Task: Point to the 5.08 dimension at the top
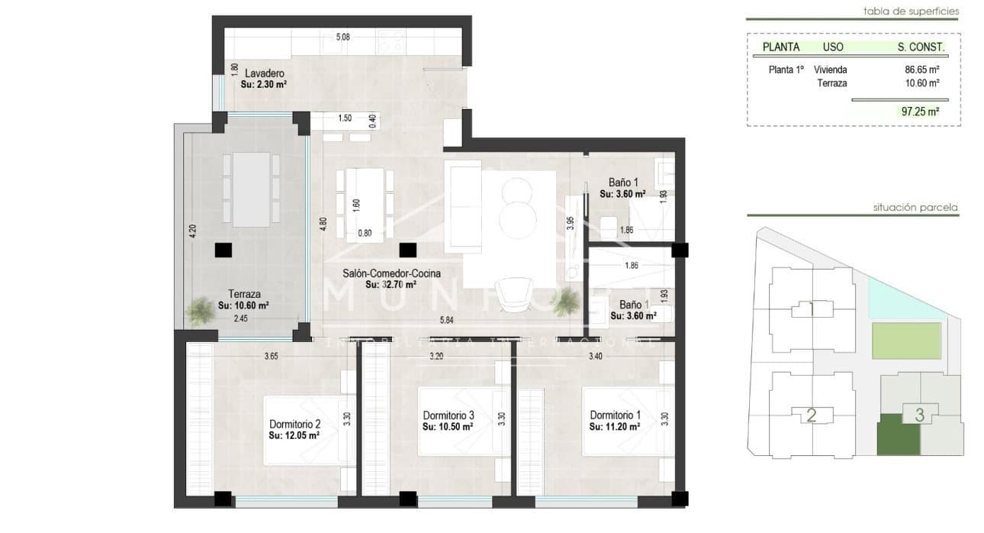click(x=343, y=37)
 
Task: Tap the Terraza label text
click(x=245, y=294)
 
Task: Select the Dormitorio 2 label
click(x=294, y=425)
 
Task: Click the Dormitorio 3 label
click(x=449, y=415)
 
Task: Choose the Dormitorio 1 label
click(x=615, y=415)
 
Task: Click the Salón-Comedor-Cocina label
click(x=391, y=273)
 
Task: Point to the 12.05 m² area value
click(x=294, y=436)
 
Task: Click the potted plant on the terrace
click(x=201, y=311)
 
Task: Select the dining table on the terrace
click(x=252, y=189)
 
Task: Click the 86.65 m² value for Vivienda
click(x=921, y=69)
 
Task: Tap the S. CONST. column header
click(x=921, y=47)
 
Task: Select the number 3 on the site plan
click(x=920, y=415)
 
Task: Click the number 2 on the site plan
click(x=812, y=415)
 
